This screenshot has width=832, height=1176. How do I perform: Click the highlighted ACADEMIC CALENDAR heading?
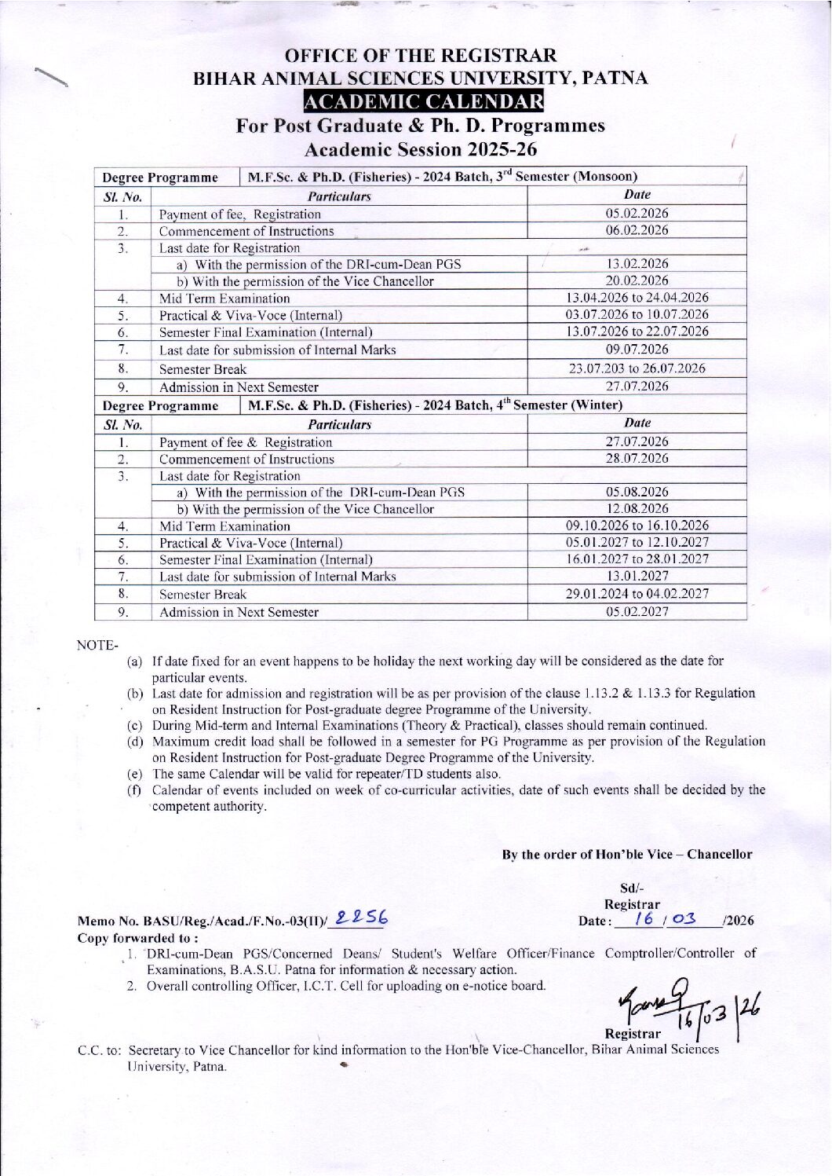pyautogui.click(x=423, y=102)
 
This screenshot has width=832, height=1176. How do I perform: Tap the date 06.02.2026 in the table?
pyautogui.click(x=637, y=230)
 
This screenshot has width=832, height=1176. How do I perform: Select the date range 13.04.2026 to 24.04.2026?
pyautogui.click(x=637, y=298)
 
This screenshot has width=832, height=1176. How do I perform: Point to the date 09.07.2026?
pyautogui.click(x=637, y=349)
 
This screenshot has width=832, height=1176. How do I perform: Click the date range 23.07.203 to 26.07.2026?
pyautogui.click(x=637, y=368)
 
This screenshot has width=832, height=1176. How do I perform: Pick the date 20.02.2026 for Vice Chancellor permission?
pyautogui.click(x=637, y=280)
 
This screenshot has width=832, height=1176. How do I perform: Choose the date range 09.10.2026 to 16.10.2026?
pyautogui.click(x=637, y=526)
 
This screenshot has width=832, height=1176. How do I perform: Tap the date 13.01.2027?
pyautogui.click(x=637, y=576)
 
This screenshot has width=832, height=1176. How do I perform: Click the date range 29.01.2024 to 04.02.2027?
pyautogui.click(x=637, y=594)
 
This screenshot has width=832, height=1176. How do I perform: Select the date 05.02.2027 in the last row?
pyautogui.click(x=637, y=611)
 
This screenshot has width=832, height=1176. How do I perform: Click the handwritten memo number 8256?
pyautogui.click(x=361, y=918)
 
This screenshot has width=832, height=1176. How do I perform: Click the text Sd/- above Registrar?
pyautogui.click(x=631, y=888)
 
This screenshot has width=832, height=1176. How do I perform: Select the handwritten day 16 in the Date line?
pyautogui.click(x=644, y=918)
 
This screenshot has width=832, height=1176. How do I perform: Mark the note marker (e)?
pyautogui.click(x=135, y=774)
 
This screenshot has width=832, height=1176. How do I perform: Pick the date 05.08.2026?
pyautogui.click(x=637, y=492)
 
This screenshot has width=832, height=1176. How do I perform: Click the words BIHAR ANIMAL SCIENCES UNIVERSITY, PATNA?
pyautogui.click(x=421, y=79)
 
